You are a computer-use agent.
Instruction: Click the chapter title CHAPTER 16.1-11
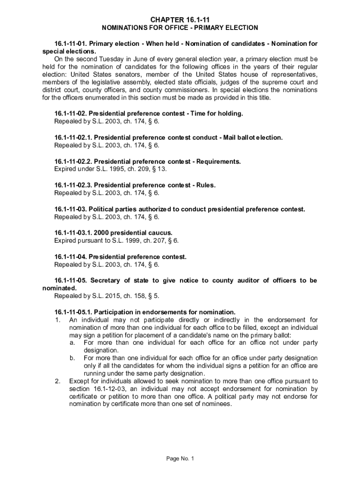click(x=180, y=19)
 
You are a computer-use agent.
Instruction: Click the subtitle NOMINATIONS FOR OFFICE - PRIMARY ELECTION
click(x=180, y=28)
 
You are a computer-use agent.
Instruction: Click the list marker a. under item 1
click(x=72, y=342)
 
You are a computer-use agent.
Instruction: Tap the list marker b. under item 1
click(x=72, y=358)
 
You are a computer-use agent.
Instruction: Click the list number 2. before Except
click(x=57, y=381)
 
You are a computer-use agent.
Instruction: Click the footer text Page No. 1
click(x=180, y=458)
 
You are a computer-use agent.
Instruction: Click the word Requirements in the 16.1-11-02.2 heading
click(x=219, y=161)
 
